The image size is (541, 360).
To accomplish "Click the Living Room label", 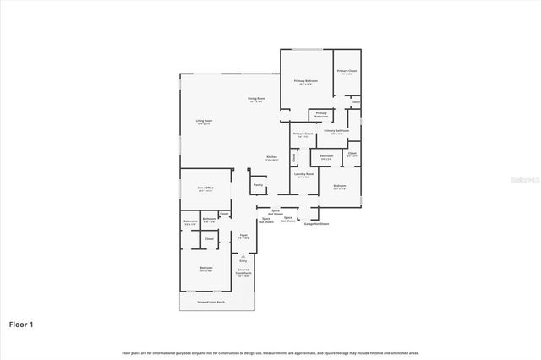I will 204,122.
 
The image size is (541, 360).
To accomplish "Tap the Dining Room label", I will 257,100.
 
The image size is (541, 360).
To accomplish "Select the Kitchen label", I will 272,157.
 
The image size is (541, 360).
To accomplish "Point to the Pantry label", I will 258,183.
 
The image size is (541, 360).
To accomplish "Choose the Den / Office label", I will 205,189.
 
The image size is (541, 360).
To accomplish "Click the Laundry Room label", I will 303,175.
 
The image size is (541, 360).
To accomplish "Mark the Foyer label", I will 243,236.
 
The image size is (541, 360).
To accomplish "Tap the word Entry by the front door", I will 243,261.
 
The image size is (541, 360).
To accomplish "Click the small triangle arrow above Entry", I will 243,255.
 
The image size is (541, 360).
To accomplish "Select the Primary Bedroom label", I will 305,81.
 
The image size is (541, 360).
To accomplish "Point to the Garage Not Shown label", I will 316,223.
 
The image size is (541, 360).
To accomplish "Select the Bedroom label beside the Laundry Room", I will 340,186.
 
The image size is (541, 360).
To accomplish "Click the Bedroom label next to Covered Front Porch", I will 205,268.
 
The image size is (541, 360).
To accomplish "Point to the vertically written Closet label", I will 293,156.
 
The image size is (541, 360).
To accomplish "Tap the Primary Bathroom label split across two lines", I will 321,114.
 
